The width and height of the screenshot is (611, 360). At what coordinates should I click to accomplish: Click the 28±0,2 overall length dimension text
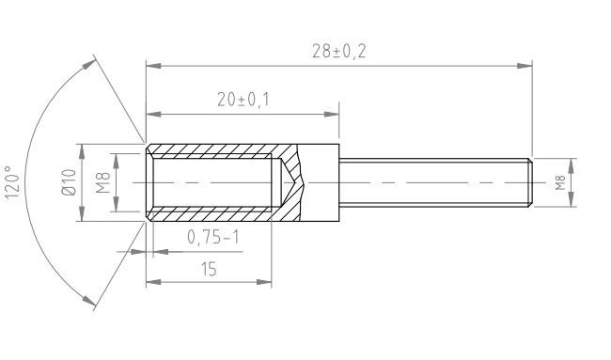[338, 52]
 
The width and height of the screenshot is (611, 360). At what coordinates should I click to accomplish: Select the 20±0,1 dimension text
[243, 101]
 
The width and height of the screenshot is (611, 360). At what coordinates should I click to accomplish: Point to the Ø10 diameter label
[68, 182]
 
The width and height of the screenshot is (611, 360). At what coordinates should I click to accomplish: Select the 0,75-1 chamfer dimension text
[213, 238]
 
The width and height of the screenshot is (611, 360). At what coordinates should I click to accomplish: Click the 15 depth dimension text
[209, 270]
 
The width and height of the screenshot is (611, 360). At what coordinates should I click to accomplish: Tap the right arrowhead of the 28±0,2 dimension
[526, 66]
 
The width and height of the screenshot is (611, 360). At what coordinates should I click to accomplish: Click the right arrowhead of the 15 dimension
[266, 281]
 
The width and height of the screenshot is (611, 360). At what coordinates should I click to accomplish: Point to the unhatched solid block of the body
[321, 182]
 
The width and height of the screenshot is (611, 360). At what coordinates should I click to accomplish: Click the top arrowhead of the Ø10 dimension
[80, 149]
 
